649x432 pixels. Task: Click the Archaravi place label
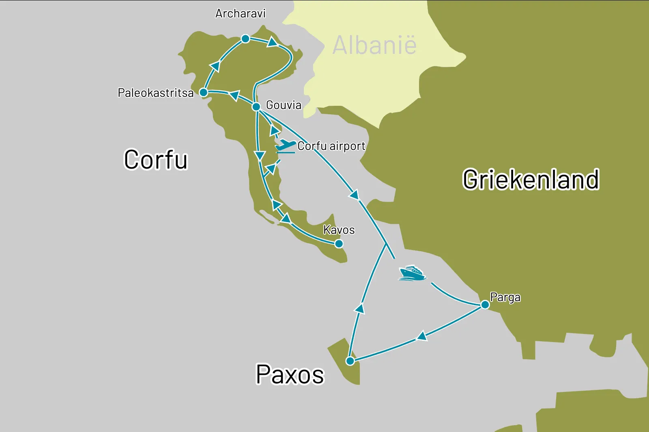click(240, 14)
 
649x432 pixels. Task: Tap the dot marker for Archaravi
click(245, 39)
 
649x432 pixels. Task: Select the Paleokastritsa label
click(156, 93)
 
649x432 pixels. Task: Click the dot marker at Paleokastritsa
click(204, 92)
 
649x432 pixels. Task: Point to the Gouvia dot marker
click(256, 107)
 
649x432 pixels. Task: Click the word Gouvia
click(284, 105)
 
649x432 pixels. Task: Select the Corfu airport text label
click(331, 146)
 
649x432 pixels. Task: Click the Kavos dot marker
click(339, 244)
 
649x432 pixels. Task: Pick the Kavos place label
click(339, 230)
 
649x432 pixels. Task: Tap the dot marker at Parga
click(485, 304)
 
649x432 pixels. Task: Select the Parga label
click(505, 297)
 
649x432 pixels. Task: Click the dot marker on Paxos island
click(350, 361)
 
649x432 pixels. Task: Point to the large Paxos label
click(290, 374)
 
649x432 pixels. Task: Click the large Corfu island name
click(156, 160)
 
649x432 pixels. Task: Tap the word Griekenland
click(531, 180)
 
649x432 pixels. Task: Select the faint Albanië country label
click(374, 45)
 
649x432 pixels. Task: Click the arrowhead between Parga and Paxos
click(422, 336)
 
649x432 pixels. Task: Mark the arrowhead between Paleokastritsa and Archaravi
click(215, 66)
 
